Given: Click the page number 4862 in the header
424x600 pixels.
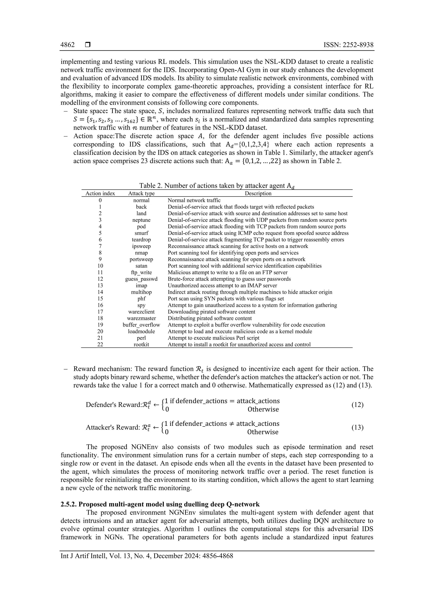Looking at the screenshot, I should (x=67, y=45).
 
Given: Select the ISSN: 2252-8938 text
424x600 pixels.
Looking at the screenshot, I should (x=348, y=45).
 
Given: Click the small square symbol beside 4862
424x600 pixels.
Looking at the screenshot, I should (x=88, y=45).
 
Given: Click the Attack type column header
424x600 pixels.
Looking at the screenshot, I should (x=141, y=193).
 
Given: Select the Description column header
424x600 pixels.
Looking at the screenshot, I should (x=258, y=193).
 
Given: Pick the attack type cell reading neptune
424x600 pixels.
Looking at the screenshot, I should (x=141, y=220).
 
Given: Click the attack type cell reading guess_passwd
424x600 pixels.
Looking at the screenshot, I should (x=141, y=279).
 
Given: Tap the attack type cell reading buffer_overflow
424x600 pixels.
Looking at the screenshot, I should (x=141, y=325).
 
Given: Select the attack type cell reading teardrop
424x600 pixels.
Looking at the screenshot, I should (x=141, y=240).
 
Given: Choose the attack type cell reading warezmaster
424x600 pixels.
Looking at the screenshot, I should (x=141, y=318).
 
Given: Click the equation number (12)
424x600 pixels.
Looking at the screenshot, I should (x=357, y=405).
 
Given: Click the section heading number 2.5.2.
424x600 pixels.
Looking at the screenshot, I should (x=69, y=504).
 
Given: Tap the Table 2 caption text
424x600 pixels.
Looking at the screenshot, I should (x=217, y=186).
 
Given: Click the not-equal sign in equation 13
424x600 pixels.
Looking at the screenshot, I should (x=231, y=424).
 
